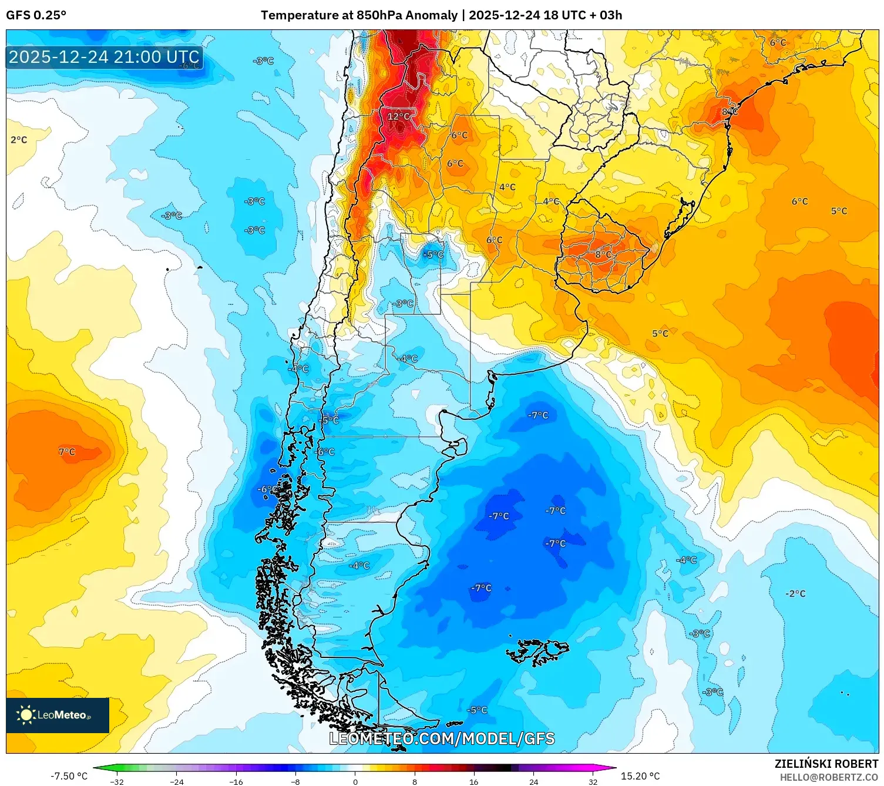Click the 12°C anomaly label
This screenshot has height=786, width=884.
click(x=398, y=116)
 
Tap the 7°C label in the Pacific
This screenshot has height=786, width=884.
click(x=67, y=452)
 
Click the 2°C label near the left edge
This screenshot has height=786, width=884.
click(x=19, y=140)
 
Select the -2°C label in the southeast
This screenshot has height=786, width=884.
click(x=795, y=594)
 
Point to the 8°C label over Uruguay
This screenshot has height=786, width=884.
click(x=603, y=254)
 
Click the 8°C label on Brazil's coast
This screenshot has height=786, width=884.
click(x=730, y=112)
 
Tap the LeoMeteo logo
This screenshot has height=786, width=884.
click(x=58, y=715)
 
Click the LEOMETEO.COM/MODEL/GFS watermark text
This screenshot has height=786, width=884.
click(x=442, y=738)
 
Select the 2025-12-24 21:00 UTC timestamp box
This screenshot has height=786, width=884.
click(x=105, y=57)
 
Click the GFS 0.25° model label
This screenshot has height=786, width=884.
click(x=36, y=15)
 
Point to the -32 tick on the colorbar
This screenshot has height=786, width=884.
click(x=117, y=781)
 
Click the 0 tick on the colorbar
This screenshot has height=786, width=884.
click(x=355, y=781)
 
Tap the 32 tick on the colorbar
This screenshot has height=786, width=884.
click(x=593, y=781)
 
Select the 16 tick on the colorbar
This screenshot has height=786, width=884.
click(x=473, y=781)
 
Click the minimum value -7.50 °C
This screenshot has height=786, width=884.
click(x=69, y=776)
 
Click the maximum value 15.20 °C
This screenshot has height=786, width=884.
click(x=640, y=776)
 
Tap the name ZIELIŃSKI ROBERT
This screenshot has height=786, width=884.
click(x=826, y=764)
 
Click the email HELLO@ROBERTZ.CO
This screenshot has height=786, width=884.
click(x=829, y=777)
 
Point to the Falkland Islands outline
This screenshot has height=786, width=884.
click(x=537, y=651)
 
